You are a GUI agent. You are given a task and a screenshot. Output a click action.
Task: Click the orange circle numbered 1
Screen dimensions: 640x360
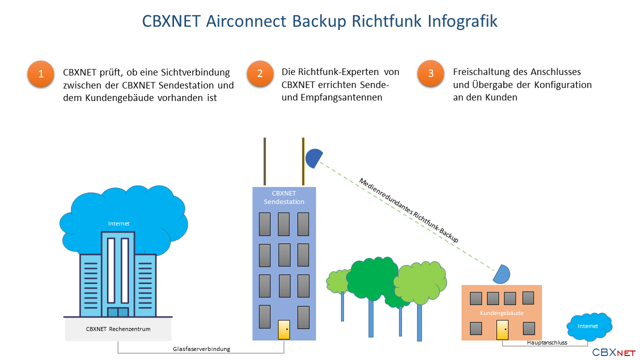click(41, 73)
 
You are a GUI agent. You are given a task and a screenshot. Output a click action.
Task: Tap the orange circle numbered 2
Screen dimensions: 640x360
click(260, 73)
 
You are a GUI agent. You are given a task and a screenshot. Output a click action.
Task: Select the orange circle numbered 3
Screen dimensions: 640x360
click(430, 73)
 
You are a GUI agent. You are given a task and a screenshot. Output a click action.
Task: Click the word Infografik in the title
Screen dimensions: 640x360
click(462, 21)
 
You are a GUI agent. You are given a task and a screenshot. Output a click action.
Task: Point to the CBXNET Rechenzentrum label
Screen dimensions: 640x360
click(118, 329)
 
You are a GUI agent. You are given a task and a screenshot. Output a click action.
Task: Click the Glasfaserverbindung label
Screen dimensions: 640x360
click(201, 349)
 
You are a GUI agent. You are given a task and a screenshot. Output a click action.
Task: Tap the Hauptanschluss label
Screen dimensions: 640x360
click(547, 342)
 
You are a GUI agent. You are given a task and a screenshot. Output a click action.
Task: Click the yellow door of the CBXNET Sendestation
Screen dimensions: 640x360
click(284, 329)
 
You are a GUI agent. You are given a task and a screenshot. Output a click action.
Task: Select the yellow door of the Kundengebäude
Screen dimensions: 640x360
click(502, 330)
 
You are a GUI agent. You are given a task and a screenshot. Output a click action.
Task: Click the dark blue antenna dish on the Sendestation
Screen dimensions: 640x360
click(313, 158)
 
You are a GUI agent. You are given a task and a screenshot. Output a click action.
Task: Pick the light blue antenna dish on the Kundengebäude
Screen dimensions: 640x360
click(502, 274)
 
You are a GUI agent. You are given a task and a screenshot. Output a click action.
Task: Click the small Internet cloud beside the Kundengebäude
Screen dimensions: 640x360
click(589, 326)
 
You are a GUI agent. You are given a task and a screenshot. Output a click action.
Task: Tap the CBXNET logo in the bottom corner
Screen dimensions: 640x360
click(613, 352)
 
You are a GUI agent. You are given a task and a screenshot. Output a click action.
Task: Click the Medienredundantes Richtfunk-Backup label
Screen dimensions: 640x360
click(408, 210)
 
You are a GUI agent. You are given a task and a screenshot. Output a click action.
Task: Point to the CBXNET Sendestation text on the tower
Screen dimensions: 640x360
click(284, 197)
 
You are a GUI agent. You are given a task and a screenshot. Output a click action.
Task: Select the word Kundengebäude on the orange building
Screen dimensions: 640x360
click(501, 313)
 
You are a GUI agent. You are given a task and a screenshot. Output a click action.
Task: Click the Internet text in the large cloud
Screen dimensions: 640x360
click(118, 223)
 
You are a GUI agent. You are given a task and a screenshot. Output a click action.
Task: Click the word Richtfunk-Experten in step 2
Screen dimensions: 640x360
click(338, 72)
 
